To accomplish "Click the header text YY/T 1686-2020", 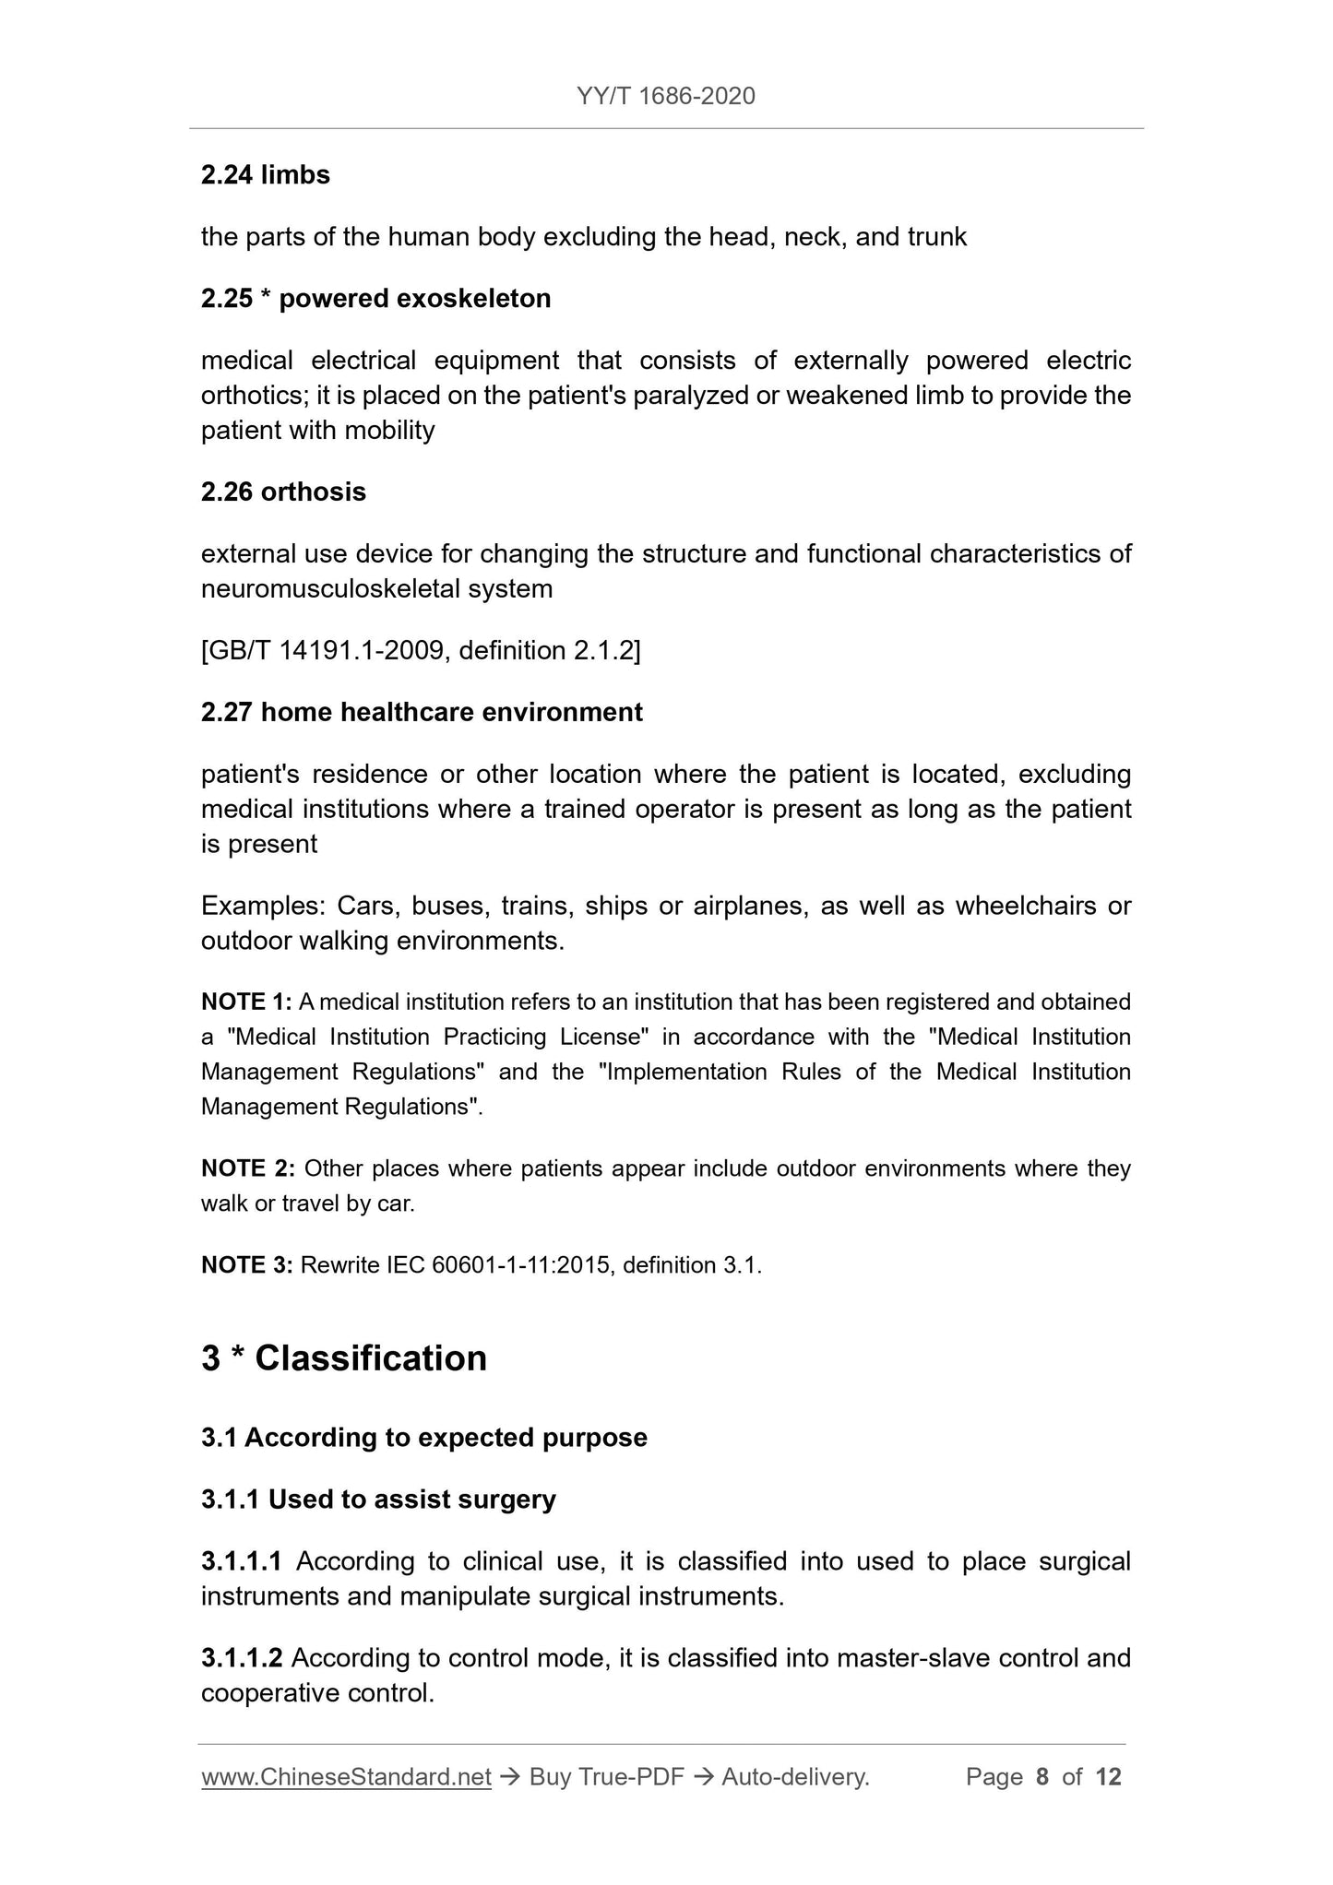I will point(665,96).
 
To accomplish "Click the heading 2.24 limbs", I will point(265,174).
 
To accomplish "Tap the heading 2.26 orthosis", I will point(283,492).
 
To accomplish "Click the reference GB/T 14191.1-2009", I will point(326,651).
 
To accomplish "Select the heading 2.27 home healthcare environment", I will point(422,712).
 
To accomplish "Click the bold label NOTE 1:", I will point(246,1002).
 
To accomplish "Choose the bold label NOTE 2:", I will point(247,1168).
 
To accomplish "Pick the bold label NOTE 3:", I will point(246,1265).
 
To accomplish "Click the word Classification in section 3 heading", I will point(370,1358).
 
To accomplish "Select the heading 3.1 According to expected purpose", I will point(423,1438).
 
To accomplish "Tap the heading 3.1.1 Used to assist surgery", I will point(378,1500).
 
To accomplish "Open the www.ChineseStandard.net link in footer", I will point(346,1777).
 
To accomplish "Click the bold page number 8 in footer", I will point(1042,1777).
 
